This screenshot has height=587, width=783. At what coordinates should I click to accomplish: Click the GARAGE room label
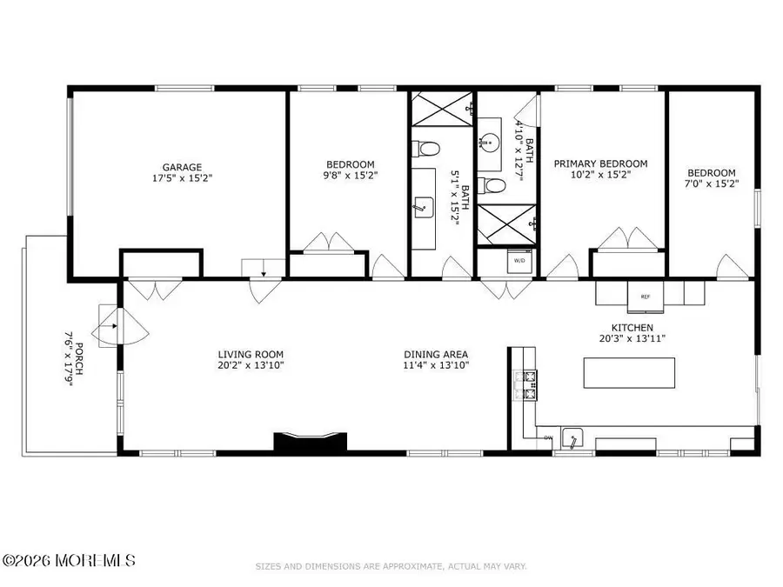pos(181,167)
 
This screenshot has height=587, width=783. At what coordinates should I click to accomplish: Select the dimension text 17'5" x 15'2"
pos(181,178)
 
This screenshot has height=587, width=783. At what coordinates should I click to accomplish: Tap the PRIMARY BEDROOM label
pos(601,163)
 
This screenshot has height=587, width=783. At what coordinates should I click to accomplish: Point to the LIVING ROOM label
pos(251,354)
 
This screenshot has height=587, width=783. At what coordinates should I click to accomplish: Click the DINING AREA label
pos(436,354)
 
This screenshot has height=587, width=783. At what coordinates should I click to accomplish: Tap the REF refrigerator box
pos(645,297)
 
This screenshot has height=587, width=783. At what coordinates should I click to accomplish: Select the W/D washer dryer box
pos(519,260)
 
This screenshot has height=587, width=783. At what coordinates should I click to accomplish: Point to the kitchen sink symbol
pos(573,439)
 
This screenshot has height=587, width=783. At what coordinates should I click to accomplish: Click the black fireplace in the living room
pos(311,442)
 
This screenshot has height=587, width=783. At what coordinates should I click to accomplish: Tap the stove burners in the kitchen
pos(527,385)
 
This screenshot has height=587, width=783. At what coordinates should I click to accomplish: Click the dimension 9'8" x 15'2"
pos(350,175)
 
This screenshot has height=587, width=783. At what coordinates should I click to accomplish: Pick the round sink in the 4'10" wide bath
pos(492,140)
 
